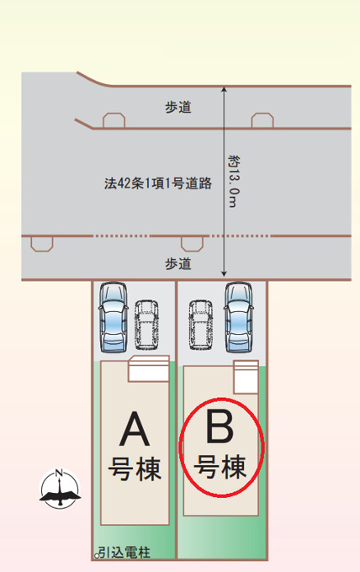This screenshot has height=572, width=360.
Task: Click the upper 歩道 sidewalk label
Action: tap(178, 108)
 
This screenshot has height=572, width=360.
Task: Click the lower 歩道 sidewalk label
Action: tap(178, 263)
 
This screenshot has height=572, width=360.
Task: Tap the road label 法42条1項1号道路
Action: tap(158, 183)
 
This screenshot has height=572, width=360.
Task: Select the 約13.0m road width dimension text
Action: tap(234, 182)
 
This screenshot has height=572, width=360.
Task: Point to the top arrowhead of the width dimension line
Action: tap(224, 88)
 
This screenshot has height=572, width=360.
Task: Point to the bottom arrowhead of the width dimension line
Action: tap(224, 273)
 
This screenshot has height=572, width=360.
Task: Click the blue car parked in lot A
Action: tap(114, 317)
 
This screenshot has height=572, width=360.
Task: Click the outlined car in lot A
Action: tap(146, 324)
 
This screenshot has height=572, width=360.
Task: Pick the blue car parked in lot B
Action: tap(239, 317)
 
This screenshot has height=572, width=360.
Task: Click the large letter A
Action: tap(135, 429)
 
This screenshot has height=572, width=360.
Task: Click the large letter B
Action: tap(220, 426)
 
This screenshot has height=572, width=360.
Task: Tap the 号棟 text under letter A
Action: tap(135, 469)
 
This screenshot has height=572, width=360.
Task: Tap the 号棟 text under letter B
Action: tap(220, 466)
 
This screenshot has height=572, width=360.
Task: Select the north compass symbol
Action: tap(60, 488)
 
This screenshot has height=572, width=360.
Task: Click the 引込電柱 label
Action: tap(124, 553)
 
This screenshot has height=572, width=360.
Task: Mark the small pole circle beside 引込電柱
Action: tap(97, 556)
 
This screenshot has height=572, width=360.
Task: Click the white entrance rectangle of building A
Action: tap(149, 368)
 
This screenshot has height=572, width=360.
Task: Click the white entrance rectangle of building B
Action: tap(246, 377)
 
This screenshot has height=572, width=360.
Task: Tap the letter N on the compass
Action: tap(59, 474)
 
